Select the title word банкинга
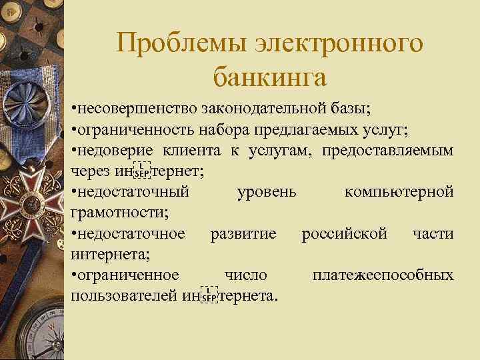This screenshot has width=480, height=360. point(270,77)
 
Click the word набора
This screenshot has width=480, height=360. point(231,129)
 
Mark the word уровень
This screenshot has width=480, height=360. point(266,192)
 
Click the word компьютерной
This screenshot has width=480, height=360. point(399,192)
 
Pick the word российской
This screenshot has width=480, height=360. point(344,234)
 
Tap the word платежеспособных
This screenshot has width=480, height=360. point(383,275)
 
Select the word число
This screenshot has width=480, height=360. point(246,275)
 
